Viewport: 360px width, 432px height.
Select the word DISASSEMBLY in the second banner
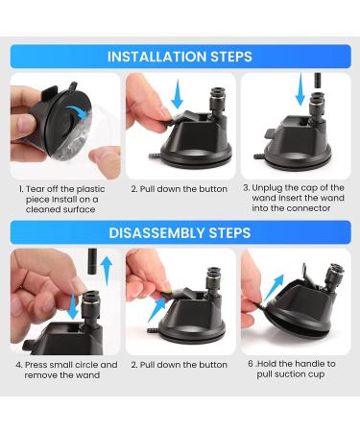(x=156, y=232)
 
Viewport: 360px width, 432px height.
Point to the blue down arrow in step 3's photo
(x=300, y=89)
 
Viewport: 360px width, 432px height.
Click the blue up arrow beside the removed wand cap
(x=107, y=271)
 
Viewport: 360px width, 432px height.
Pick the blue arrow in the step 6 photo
(x=274, y=287)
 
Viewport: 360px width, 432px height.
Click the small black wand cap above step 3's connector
(x=317, y=82)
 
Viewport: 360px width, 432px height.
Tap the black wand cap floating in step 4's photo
(x=92, y=262)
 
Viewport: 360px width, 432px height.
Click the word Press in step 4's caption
(x=36, y=365)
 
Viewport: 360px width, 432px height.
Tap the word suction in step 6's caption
(x=290, y=374)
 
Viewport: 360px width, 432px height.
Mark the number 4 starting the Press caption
(x=18, y=365)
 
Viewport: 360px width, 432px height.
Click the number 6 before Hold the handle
(x=251, y=364)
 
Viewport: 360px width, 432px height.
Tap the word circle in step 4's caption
(x=87, y=365)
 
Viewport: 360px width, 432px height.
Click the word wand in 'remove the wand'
(x=89, y=375)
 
